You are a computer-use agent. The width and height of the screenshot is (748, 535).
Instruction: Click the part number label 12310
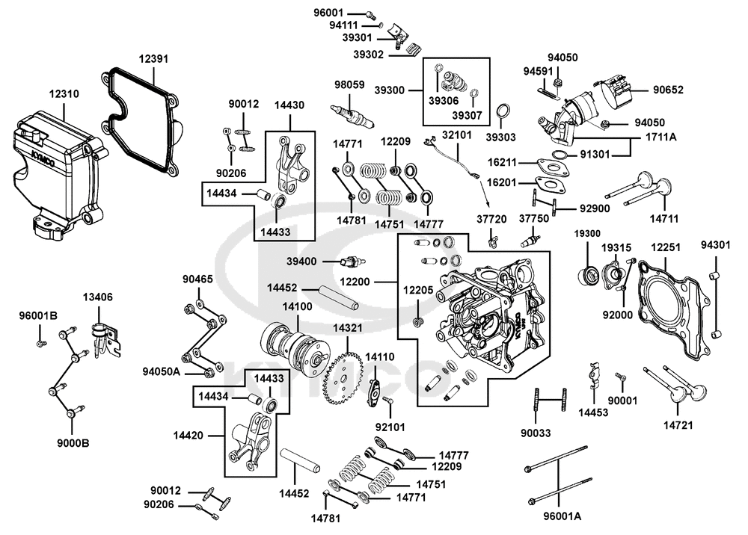pos(64,94)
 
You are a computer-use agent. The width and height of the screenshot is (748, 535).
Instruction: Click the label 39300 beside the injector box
pos(389,90)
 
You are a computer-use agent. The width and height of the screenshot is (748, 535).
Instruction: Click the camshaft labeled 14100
pos(292,346)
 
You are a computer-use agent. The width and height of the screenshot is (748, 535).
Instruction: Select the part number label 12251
pos(666,247)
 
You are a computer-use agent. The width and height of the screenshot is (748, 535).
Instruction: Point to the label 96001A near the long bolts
pos(562,516)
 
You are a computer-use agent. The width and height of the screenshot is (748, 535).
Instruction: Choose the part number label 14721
pos(678,425)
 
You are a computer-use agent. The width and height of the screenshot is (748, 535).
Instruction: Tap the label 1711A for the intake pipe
pos(661,137)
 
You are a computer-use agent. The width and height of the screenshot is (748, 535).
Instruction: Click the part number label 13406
pos(98,297)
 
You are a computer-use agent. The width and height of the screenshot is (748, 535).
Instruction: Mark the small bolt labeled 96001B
pos(41,342)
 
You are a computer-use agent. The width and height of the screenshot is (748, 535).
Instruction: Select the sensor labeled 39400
pos(353,262)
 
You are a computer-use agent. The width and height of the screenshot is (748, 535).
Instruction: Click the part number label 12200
pos(355,282)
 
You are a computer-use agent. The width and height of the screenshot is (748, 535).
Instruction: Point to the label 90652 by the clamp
pos(668,90)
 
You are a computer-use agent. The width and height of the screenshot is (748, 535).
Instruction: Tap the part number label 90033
pos(536,433)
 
